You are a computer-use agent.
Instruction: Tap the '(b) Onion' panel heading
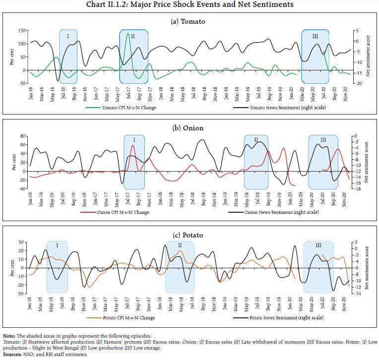point(189,128)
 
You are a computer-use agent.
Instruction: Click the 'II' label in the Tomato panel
point(132,36)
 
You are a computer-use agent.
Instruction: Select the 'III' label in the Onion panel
point(323,141)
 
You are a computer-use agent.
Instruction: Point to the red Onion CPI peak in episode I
point(132,145)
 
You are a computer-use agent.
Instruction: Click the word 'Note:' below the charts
point(8,337)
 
